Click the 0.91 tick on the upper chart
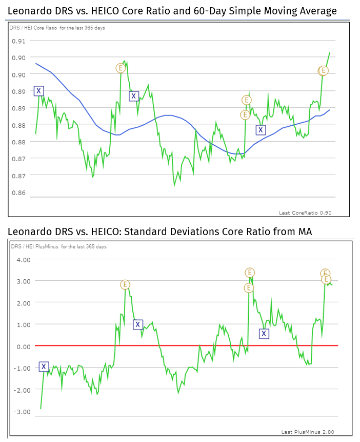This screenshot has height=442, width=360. tap(18, 41)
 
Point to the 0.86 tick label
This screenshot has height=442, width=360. tap(18, 193)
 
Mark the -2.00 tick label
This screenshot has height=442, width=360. tap(23, 390)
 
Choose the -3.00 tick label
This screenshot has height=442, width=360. tap(23, 412)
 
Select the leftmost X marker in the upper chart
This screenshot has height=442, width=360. tap(38, 91)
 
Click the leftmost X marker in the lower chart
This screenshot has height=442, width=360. tap(44, 367)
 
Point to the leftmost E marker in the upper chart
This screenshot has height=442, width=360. tap(121, 68)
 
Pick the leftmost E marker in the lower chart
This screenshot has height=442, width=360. tap(125, 284)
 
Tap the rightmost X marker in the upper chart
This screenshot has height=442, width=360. tap(261, 130)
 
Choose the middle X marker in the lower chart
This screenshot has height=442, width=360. tap(137, 324)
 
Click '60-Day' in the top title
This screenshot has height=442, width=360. tap(229, 11)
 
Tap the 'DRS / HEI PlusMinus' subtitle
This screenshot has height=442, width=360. tap(34, 247)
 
